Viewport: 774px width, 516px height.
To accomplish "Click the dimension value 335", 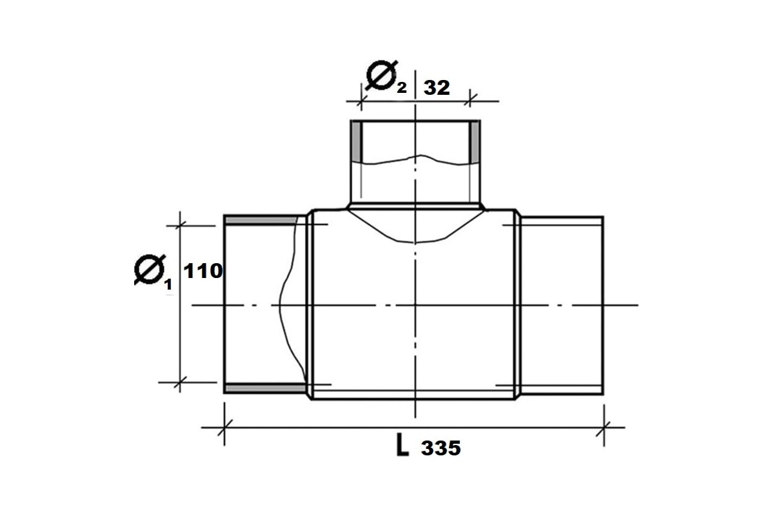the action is [x=441, y=448].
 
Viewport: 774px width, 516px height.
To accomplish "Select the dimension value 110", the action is [x=203, y=271].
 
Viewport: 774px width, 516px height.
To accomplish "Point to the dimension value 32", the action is [x=437, y=88].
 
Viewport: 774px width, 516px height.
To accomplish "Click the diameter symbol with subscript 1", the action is [x=150, y=270].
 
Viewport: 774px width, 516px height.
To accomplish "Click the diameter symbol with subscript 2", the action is [x=381, y=75].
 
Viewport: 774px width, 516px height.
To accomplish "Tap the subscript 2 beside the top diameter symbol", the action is [x=402, y=88].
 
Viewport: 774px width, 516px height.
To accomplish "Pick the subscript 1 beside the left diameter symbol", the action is [x=168, y=284].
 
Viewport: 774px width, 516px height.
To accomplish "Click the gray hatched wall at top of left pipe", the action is [x=261, y=221].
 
